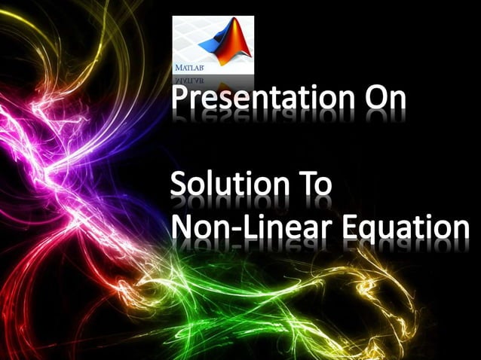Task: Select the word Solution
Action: pyautogui.click(x=227, y=185)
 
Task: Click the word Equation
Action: pyautogui.click(x=408, y=227)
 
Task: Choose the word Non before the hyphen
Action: pyautogui.click(x=200, y=227)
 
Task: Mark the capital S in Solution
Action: pyautogui.click(x=179, y=185)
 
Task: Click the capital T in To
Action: pyautogui.click(x=302, y=185)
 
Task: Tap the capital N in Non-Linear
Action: pyautogui.click(x=182, y=227)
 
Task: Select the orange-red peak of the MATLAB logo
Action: pyautogui.click(x=229, y=30)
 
